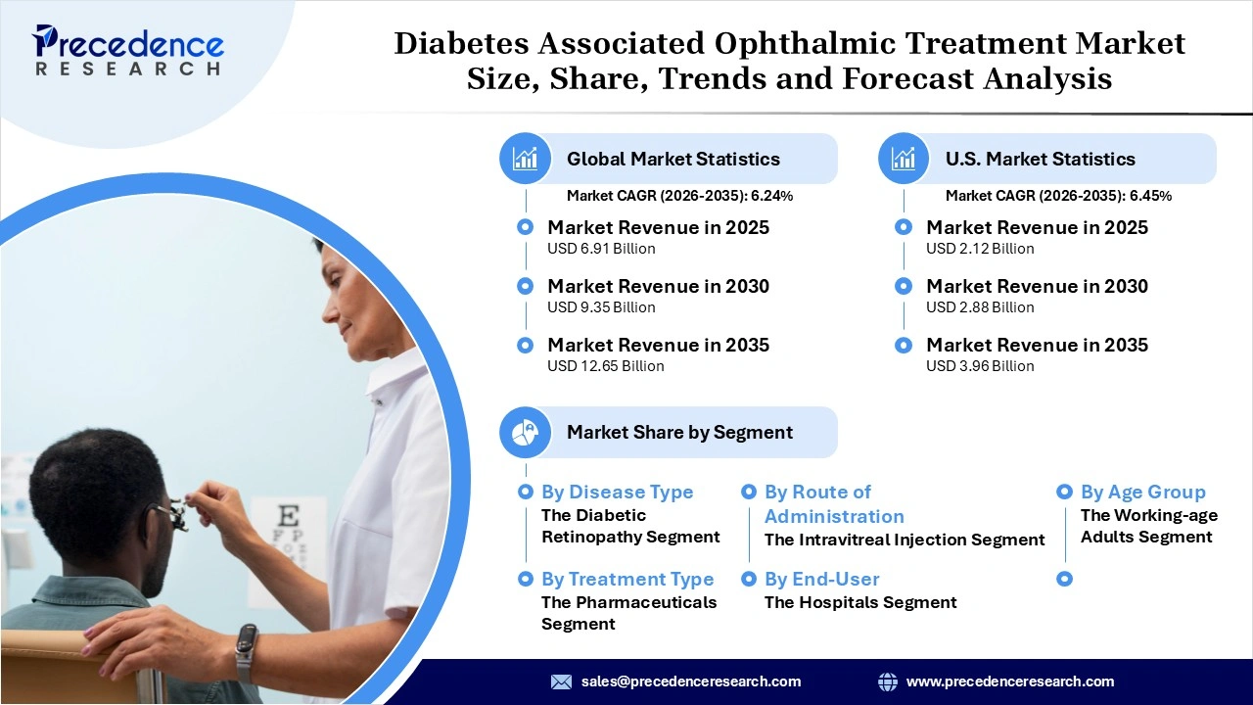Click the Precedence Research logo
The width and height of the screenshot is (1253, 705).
128,50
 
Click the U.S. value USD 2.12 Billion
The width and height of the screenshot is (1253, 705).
980,249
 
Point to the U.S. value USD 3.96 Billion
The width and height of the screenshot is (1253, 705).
980,366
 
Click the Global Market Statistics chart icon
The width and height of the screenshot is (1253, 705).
526,159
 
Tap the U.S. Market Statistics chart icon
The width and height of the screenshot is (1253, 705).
904,159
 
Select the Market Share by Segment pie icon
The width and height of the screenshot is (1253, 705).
526,432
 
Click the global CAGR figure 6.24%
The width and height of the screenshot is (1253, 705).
771,196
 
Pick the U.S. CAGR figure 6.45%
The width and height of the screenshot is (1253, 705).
1150,196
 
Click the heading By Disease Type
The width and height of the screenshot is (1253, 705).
617,493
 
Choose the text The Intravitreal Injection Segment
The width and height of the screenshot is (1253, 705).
905,540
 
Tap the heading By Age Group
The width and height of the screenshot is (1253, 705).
1142,493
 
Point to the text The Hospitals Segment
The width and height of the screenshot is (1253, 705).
859,602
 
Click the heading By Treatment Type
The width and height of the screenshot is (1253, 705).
627,580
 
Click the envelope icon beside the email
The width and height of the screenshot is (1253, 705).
561,681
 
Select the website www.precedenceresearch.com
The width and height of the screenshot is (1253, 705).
1009,681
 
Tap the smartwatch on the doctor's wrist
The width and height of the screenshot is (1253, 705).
246,651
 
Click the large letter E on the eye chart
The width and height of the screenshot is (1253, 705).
288,516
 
